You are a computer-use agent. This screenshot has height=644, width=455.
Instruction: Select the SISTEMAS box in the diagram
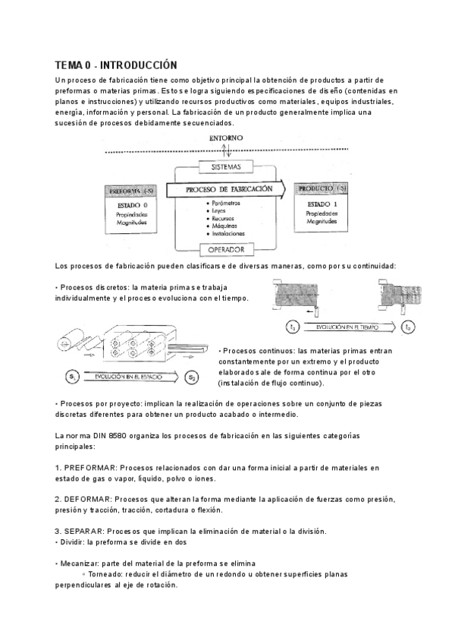(222, 166)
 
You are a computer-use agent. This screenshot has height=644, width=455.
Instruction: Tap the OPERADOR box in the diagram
(222, 248)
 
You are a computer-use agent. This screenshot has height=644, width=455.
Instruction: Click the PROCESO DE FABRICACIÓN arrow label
(224, 189)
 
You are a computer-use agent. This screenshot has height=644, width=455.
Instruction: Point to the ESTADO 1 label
(322, 205)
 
